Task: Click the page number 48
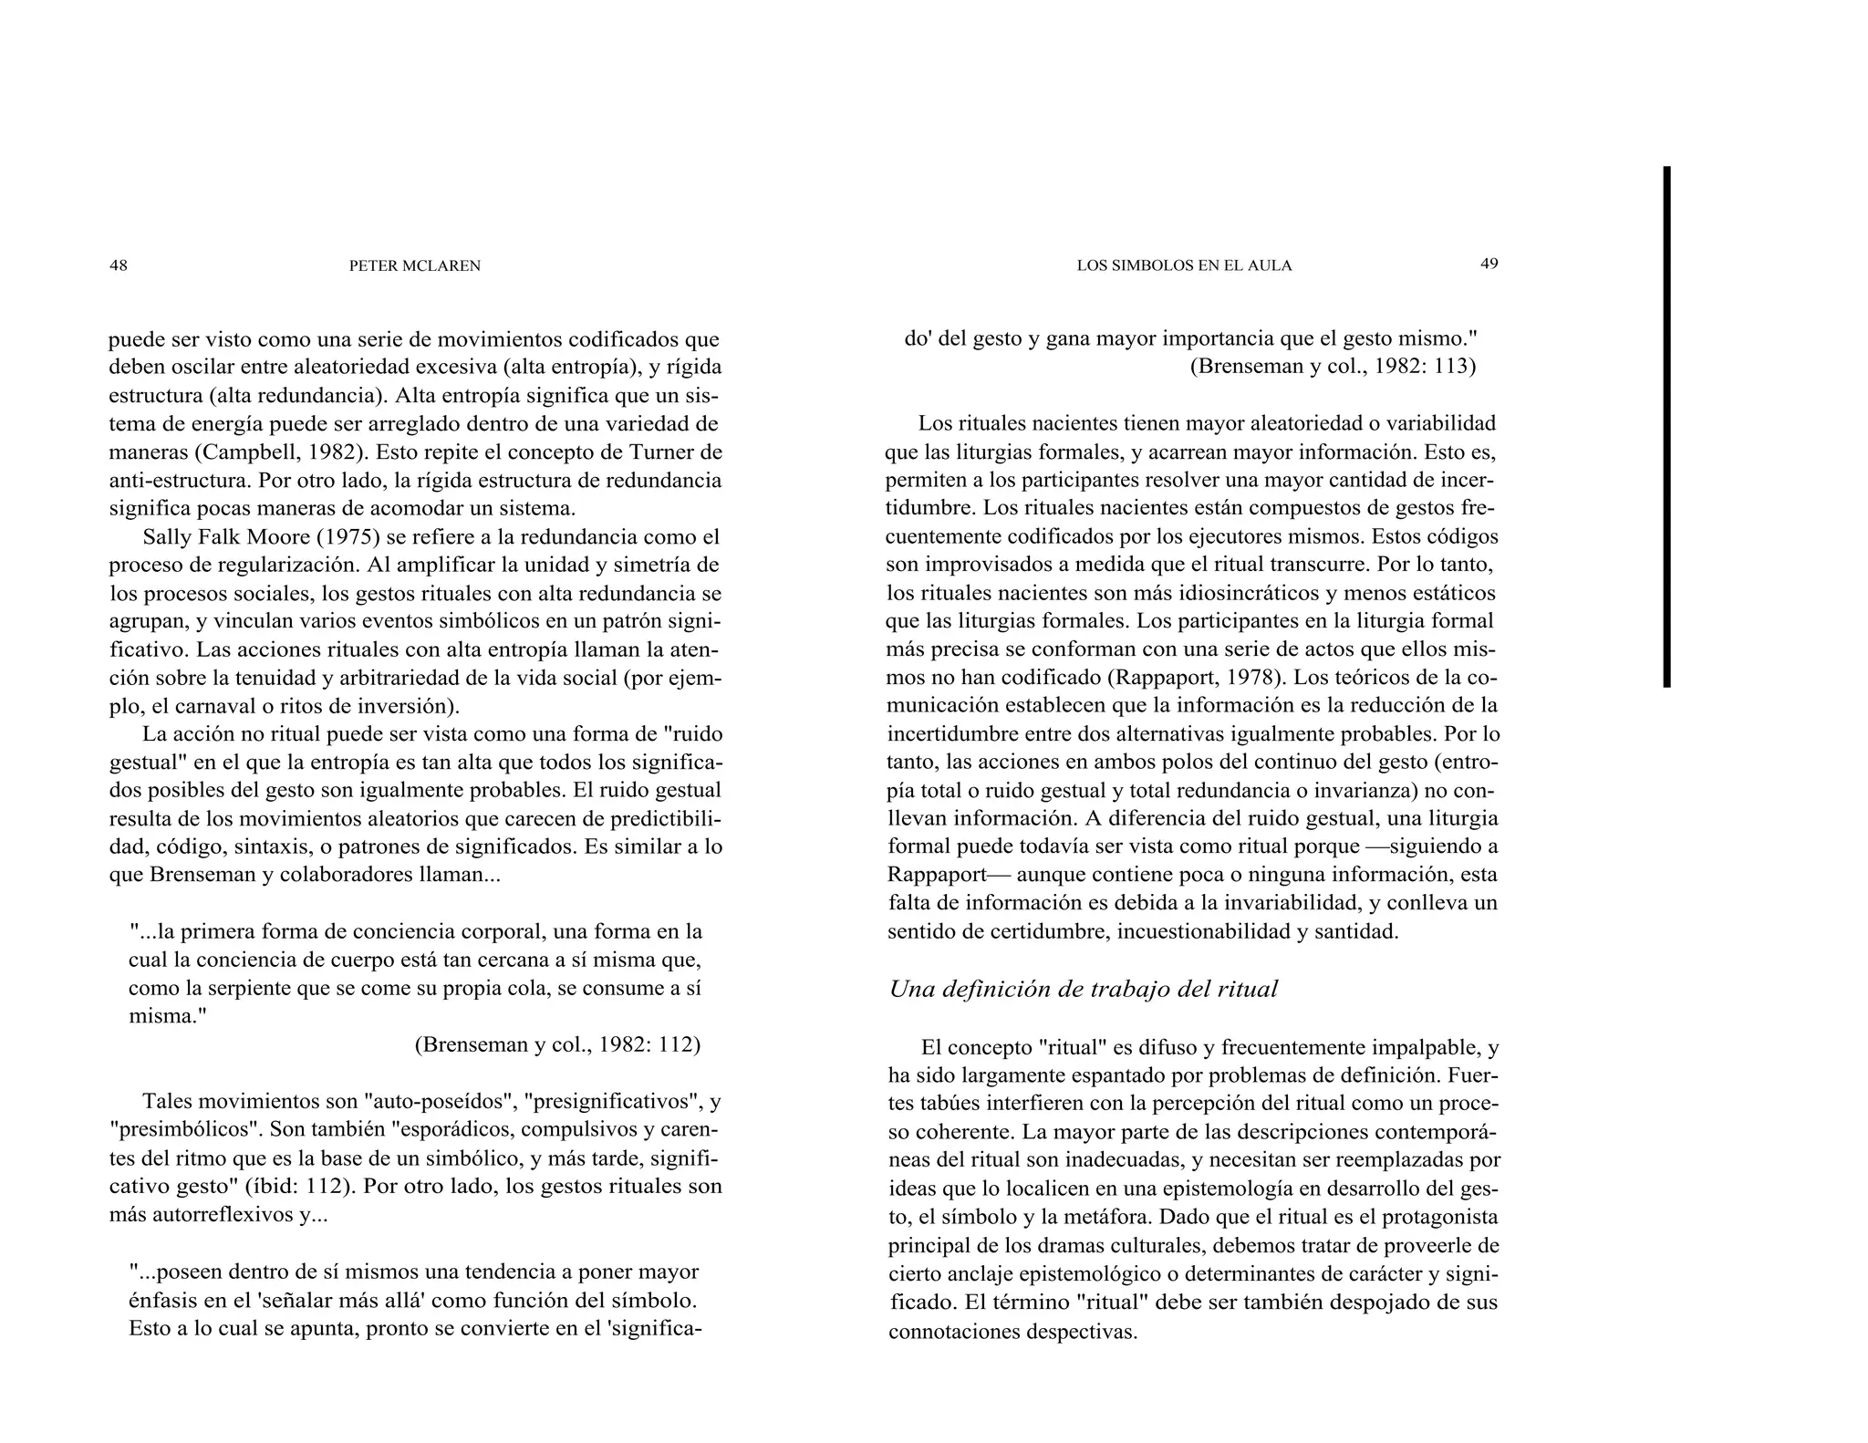click(119, 265)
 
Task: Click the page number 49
click(1489, 264)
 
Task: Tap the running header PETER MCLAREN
click(415, 266)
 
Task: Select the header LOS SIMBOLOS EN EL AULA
click(1184, 266)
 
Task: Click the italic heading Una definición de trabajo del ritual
click(1083, 990)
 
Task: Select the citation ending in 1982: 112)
click(557, 1044)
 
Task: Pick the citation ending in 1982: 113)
click(1333, 366)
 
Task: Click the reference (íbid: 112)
click(306, 1187)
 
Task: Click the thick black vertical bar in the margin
click(1666, 426)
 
